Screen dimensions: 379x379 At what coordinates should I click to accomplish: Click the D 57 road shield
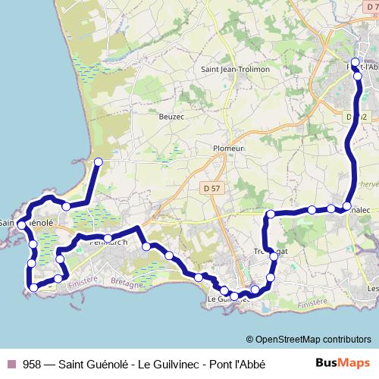tap(213, 186)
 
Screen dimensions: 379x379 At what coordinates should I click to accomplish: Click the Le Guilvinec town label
tap(227, 299)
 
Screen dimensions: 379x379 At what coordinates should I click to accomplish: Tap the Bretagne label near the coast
tap(126, 285)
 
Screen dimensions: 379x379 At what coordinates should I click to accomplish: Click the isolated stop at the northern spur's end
tap(98, 161)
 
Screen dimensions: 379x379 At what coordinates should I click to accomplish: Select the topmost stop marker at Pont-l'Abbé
tap(356, 62)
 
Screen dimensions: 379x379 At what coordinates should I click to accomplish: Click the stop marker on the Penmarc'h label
tap(108, 239)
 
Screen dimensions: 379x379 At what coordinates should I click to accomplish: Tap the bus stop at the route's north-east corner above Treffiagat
tap(270, 215)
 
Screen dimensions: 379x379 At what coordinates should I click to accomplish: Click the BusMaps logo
tap(343, 363)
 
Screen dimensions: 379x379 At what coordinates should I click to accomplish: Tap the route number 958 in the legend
tap(32, 364)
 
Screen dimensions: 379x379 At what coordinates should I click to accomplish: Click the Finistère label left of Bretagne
tap(83, 279)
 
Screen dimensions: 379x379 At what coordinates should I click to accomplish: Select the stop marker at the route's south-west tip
tap(33, 287)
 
